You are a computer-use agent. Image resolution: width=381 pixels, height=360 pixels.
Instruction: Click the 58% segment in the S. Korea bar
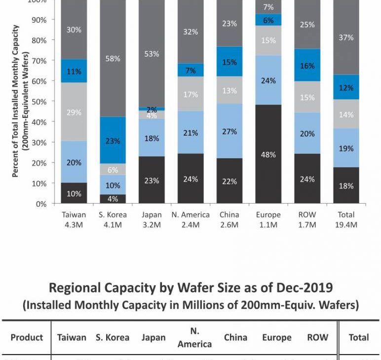coord(113,59)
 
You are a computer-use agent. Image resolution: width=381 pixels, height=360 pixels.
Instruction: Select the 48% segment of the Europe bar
coord(268,154)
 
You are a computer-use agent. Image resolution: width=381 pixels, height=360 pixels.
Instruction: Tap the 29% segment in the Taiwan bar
coord(74,112)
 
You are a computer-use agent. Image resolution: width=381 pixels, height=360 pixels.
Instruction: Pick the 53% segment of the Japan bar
coord(152,54)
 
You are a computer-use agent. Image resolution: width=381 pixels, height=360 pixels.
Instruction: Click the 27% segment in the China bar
coord(229,132)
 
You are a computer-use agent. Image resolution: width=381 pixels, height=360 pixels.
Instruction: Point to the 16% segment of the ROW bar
coord(307,65)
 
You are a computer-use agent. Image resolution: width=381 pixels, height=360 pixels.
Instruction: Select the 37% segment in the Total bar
coord(346,37)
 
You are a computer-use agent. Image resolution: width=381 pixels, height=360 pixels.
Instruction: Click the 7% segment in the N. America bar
coord(190,70)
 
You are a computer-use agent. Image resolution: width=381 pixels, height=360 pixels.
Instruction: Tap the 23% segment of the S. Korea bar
coord(113,140)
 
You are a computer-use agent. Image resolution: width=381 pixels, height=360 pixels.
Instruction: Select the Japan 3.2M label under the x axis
coord(152,220)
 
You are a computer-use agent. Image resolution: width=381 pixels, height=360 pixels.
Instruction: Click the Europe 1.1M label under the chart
coord(268,220)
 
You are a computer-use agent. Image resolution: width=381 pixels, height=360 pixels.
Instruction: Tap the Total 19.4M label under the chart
coord(346,220)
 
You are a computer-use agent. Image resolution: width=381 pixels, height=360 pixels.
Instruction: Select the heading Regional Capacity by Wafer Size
coord(190,288)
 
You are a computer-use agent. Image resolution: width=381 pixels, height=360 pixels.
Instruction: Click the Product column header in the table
coord(27,338)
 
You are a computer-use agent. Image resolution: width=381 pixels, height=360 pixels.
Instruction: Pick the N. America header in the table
coord(194,338)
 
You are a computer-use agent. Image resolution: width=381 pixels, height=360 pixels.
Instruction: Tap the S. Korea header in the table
coord(113,338)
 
